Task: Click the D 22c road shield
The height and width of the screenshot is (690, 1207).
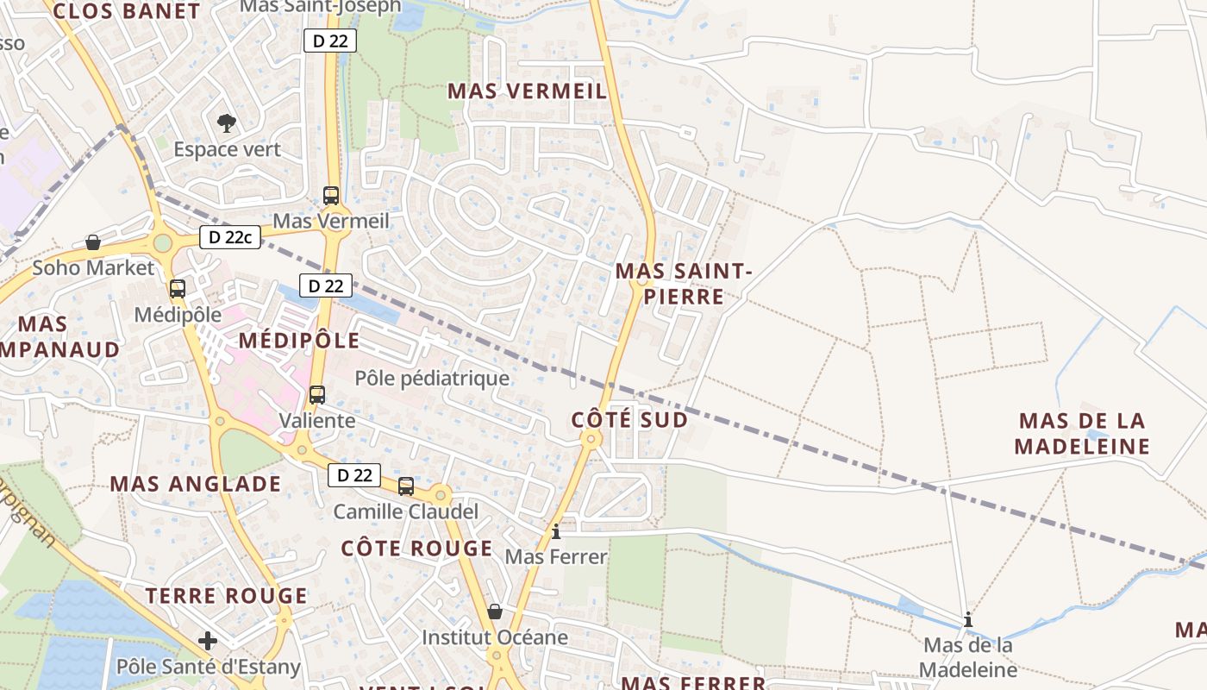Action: click(x=230, y=237)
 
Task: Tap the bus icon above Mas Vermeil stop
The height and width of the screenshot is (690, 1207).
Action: click(x=331, y=196)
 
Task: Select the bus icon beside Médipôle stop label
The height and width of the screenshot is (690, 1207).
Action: click(x=178, y=289)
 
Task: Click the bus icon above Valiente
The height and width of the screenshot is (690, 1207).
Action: click(x=317, y=395)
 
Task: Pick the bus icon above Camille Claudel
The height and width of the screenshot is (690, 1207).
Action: click(x=406, y=486)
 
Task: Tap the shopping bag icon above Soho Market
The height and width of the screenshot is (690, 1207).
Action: click(x=93, y=242)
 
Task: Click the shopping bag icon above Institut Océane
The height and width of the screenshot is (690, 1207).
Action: click(x=495, y=612)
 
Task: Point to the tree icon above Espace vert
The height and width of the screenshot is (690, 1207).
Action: click(x=227, y=123)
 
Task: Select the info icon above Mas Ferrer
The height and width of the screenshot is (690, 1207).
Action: click(x=556, y=531)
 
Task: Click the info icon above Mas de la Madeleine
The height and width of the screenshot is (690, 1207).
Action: click(x=968, y=619)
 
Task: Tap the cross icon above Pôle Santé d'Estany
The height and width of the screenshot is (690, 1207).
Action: click(x=208, y=641)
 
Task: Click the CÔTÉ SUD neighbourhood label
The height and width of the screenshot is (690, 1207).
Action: click(x=629, y=420)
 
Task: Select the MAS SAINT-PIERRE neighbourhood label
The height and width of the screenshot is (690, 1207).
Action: click(x=684, y=285)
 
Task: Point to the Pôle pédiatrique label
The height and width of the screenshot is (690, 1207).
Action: click(x=432, y=379)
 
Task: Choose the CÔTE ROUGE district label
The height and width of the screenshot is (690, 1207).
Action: click(x=416, y=549)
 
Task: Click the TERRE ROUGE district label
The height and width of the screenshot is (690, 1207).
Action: click(x=226, y=596)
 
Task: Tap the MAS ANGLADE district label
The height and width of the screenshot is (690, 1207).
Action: click(x=196, y=484)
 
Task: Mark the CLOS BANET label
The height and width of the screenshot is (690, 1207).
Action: click(x=126, y=11)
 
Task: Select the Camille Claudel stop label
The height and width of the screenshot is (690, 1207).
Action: click(x=406, y=512)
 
